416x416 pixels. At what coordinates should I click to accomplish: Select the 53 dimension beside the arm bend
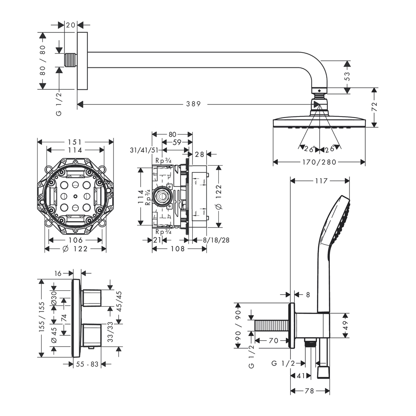348,76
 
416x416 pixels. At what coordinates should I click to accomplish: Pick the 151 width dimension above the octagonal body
75,142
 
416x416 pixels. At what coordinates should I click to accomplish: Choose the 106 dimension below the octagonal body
75,240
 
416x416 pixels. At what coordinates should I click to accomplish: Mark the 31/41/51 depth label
144,150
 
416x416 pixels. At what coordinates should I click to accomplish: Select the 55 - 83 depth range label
87,364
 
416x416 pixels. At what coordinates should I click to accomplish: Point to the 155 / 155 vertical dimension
42,318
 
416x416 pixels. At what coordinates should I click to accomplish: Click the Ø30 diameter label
54,298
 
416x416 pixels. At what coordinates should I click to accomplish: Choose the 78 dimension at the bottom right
310,391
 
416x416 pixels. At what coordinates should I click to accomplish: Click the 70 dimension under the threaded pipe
273,340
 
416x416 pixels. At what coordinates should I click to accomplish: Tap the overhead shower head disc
319,123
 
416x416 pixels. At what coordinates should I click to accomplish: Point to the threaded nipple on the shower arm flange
72,59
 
